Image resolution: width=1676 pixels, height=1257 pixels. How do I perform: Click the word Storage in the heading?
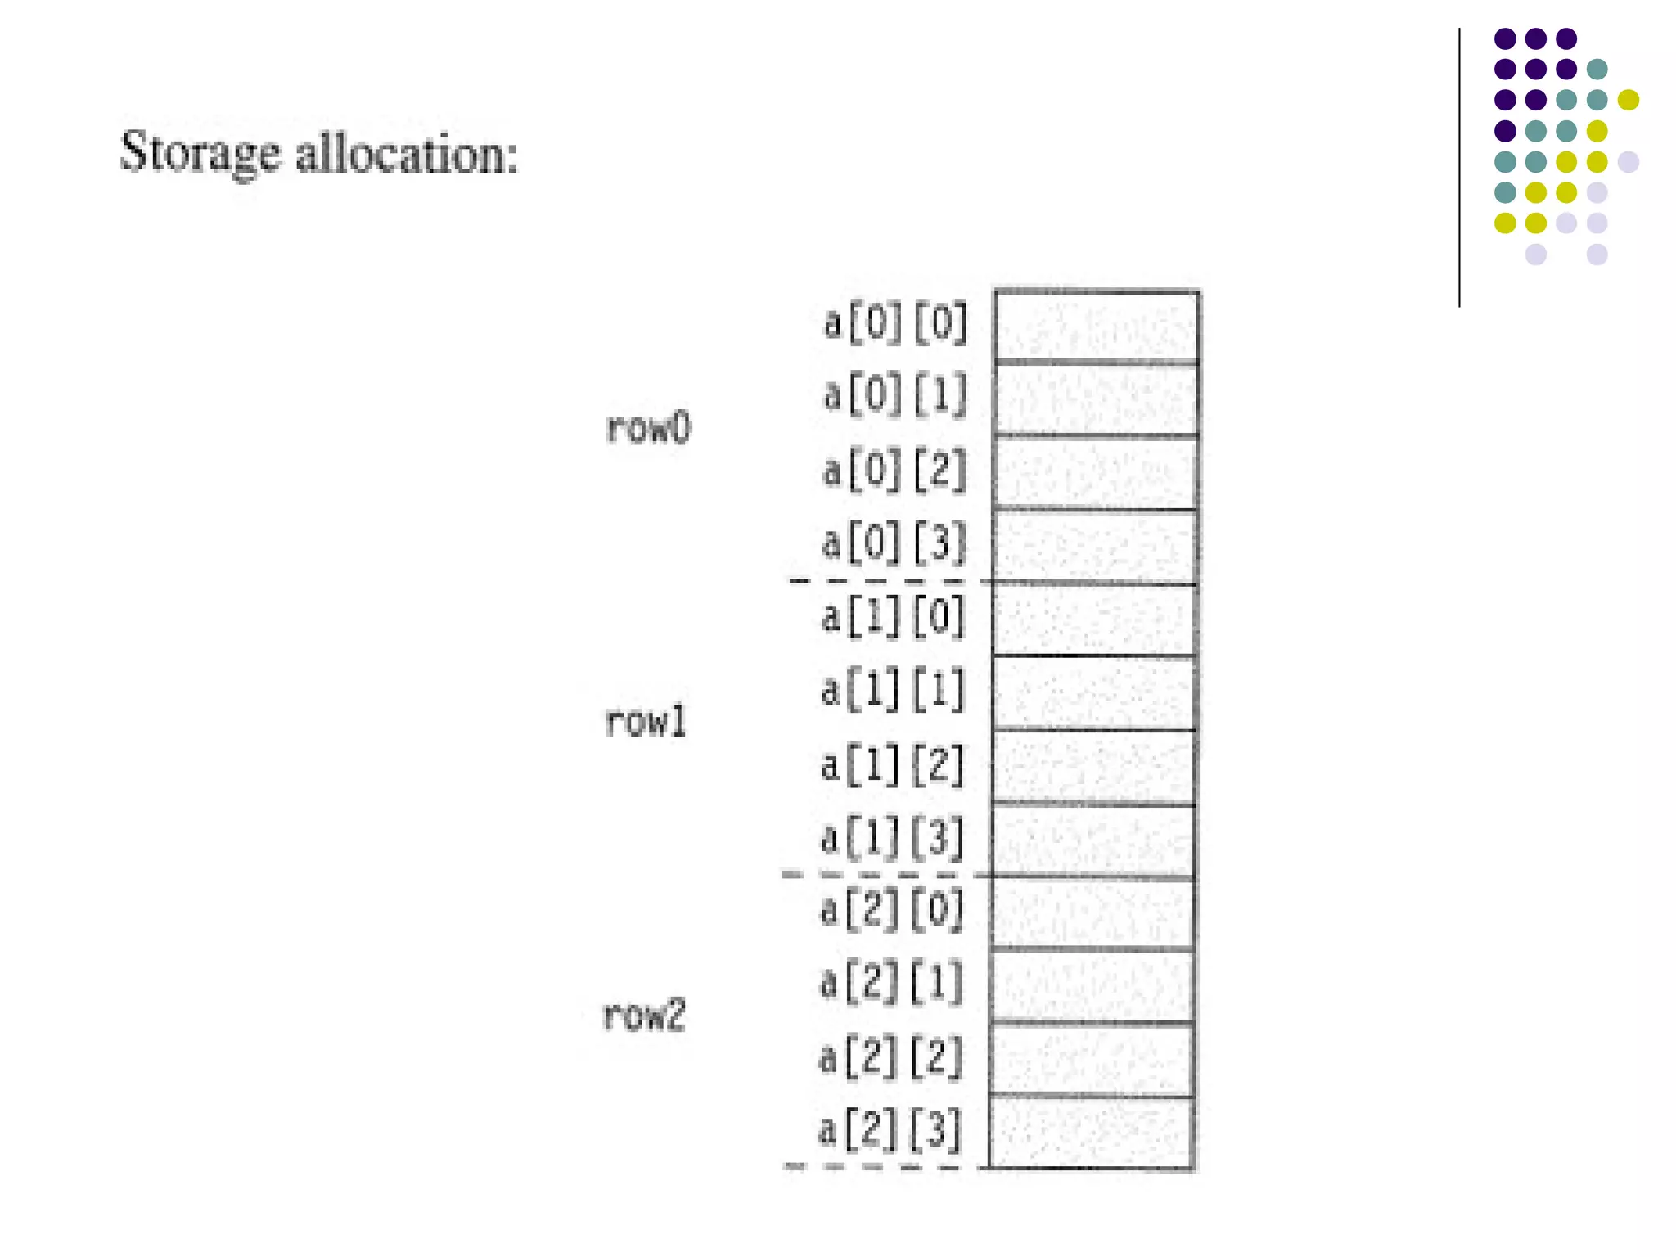pyautogui.click(x=200, y=153)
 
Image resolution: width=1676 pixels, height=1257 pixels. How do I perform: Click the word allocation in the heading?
pyautogui.click(x=407, y=153)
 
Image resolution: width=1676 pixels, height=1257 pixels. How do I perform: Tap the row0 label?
pyautogui.click(x=648, y=428)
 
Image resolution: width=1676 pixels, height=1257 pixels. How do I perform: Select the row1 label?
pyautogui.click(x=645, y=722)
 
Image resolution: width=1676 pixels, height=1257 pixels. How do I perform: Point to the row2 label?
pyautogui.click(x=643, y=1016)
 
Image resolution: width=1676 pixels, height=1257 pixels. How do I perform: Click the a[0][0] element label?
pyautogui.click(x=895, y=323)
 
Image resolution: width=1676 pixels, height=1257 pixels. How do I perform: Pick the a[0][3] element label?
pyautogui.click(x=894, y=543)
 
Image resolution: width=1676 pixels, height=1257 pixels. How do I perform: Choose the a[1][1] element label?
pyautogui.click(x=893, y=690)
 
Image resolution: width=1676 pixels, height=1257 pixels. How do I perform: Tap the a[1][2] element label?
pyautogui.click(x=893, y=764)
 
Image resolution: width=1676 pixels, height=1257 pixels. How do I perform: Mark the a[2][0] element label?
pyautogui.click(x=892, y=910)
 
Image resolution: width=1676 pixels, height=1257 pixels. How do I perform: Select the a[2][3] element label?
pyautogui.click(x=890, y=1130)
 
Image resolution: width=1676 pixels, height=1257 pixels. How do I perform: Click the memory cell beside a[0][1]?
pyautogui.click(x=1096, y=399)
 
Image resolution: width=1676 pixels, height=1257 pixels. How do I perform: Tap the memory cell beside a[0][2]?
pyautogui.click(x=1096, y=473)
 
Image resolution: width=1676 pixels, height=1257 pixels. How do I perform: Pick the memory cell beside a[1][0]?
pyautogui.click(x=1094, y=619)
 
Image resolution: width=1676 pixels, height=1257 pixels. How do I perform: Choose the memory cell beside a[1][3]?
pyautogui.click(x=1093, y=841)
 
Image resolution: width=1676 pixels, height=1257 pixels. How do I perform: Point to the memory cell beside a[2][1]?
pyautogui.click(x=1092, y=986)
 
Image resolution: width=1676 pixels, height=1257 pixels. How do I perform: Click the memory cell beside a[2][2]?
pyautogui.click(x=1092, y=1060)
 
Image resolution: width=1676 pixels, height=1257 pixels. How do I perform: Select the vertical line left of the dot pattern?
pyautogui.click(x=1459, y=168)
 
